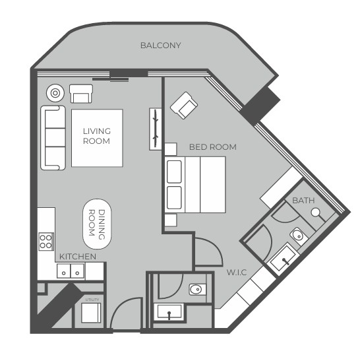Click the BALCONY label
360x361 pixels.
coord(161,46)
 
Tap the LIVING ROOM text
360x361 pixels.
coord(97,136)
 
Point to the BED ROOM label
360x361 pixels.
coord(213,147)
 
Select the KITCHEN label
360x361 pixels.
coord(78,257)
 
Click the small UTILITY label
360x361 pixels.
coord(92,300)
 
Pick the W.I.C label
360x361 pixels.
coord(237,273)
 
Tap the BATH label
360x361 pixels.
coord(303,201)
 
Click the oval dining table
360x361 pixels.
coord(97,224)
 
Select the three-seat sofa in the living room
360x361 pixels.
coord(53,138)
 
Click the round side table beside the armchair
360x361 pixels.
coord(55,93)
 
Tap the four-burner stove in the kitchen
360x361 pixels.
coord(46,242)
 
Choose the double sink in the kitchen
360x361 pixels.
coord(71,271)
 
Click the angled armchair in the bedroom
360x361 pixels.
coord(184,106)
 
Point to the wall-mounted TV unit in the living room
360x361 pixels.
coord(155,129)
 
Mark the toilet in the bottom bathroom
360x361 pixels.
coord(197,290)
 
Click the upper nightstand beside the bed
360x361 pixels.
coord(171,149)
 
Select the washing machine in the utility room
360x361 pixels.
coord(91,313)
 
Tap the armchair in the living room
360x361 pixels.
coord(81,94)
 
